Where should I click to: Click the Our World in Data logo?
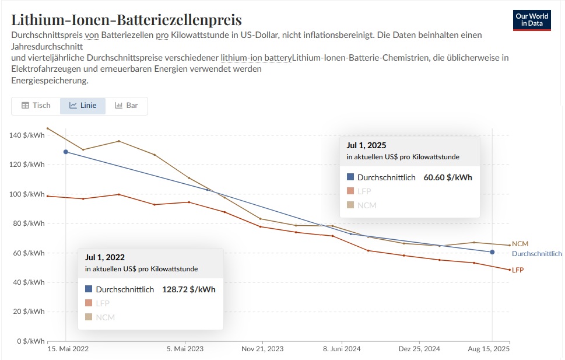(532, 20)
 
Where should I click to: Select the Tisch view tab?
(36, 106)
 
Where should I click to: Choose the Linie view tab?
(83, 106)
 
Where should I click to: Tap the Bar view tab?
(127, 106)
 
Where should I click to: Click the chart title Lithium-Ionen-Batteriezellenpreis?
(127, 20)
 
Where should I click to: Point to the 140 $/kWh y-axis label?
(27, 135)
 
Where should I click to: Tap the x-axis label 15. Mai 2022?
(68, 349)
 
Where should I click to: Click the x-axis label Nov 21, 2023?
(262, 349)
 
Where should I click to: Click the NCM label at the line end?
(520, 244)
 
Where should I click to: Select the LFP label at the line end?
(518, 270)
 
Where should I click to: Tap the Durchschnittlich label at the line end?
(536, 254)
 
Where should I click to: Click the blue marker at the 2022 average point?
(66, 152)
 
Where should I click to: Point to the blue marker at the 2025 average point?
(492, 252)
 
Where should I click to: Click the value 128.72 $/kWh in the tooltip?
(189, 289)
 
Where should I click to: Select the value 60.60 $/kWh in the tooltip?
(448, 177)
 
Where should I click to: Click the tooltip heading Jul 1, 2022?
(105, 257)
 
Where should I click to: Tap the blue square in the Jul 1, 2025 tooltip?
(350, 177)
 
